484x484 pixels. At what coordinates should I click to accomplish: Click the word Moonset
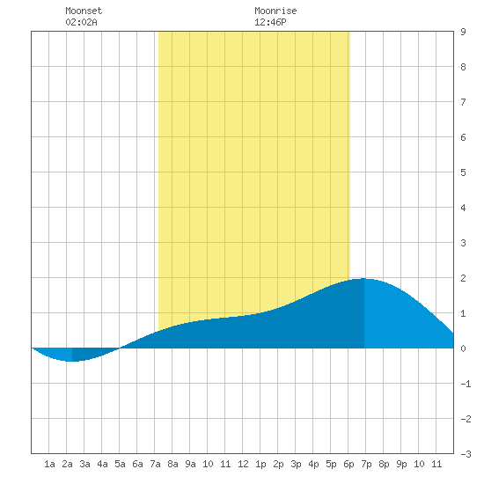point(84,11)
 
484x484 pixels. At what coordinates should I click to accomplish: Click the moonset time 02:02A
point(82,22)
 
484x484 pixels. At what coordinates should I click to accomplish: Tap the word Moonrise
point(275,11)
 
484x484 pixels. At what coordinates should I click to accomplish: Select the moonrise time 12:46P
point(270,22)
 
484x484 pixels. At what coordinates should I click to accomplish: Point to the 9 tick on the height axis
point(463,32)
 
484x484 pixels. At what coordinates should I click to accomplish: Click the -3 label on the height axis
point(466,454)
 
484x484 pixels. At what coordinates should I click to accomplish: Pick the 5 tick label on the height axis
point(463,172)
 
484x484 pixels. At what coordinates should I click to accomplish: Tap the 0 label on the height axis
point(463,348)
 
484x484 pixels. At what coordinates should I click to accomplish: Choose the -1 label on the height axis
point(466,384)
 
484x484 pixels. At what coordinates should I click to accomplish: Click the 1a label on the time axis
point(49,464)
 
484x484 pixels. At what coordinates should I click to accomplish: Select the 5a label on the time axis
point(120,464)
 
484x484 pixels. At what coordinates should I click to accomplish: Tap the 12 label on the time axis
point(243,464)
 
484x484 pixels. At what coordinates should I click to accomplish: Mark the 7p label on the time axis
point(366,464)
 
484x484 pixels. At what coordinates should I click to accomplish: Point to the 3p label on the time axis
point(296,464)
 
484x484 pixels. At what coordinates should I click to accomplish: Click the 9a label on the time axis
point(190,464)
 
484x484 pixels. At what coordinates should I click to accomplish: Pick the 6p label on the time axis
point(348,464)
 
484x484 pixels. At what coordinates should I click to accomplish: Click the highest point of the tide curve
point(363,279)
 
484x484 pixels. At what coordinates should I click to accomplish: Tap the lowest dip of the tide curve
point(72,361)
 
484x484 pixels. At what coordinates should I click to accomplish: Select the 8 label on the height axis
point(463,67)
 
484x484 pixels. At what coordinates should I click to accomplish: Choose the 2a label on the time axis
point(67,464)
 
